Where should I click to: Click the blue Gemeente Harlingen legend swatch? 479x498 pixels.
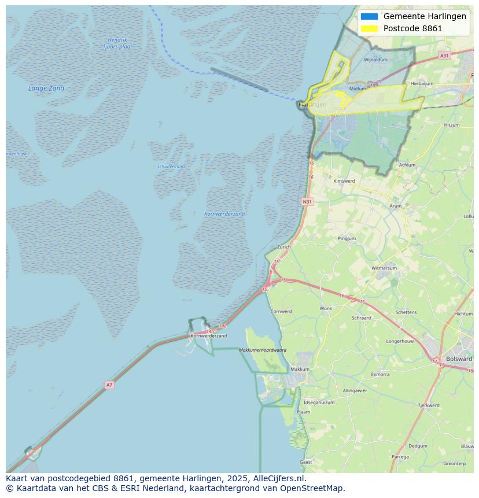click(x=369, y=16)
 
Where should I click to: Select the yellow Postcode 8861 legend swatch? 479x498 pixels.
click(x=369, y=28)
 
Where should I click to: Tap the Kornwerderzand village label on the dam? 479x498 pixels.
click(x=209, y=335)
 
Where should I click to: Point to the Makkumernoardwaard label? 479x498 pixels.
click(x=263, y=350)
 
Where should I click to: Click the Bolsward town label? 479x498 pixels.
click(x=459, y=359)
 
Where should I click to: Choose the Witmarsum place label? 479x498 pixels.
click(x=384, y=268)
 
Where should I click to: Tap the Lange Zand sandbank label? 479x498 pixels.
click(x=46, y=88)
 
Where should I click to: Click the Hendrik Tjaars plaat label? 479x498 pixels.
click(x=117, y=43)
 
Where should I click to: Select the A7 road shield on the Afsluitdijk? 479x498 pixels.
click(x=109, y=385)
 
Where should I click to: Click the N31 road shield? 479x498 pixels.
click(x=307, y=202)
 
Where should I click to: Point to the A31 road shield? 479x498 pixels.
click(x=444, y=56)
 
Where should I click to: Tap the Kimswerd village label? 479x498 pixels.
click(x=344, y=181)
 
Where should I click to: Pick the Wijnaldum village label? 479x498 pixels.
click(x=375, y=60)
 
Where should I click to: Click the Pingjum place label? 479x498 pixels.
click(x=347, y=238)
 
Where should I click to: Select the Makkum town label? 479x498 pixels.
click(x=300, y=369)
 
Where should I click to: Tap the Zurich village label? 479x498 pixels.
click(x=284, y=247)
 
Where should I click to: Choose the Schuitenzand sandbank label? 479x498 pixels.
click(x=171, y=167)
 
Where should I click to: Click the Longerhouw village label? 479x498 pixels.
click(x=400, y=341)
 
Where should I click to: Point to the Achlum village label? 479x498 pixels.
click(x=407, y=165)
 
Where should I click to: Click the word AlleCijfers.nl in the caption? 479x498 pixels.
click(x=279, y=478)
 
